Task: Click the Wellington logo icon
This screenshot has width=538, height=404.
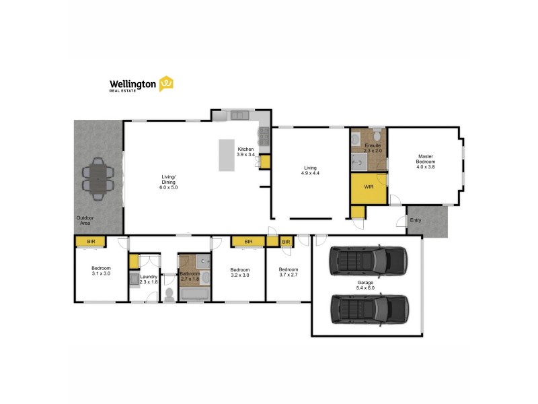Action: click(166, 84)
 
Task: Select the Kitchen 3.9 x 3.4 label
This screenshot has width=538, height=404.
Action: click(245, 151)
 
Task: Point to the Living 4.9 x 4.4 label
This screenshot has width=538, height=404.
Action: click(310, 170)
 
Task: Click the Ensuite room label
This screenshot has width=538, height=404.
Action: click(373, 147)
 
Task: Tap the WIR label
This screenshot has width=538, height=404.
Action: click(369, 187)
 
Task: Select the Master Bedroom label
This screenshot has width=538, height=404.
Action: click(425, 162)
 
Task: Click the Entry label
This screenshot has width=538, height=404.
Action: click(416, 220)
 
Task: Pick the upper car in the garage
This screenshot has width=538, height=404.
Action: click(368, 261)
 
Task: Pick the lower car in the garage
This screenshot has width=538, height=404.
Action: click(369, 308)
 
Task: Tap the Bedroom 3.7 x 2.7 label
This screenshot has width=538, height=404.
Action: click(289, 272)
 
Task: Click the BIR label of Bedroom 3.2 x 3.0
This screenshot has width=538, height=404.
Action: click(248, 241)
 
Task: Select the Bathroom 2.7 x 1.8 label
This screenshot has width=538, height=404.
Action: click(190, 276)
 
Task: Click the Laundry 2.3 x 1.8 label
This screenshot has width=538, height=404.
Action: click(149, 279)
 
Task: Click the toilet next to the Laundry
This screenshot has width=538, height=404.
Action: click(169, 294)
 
